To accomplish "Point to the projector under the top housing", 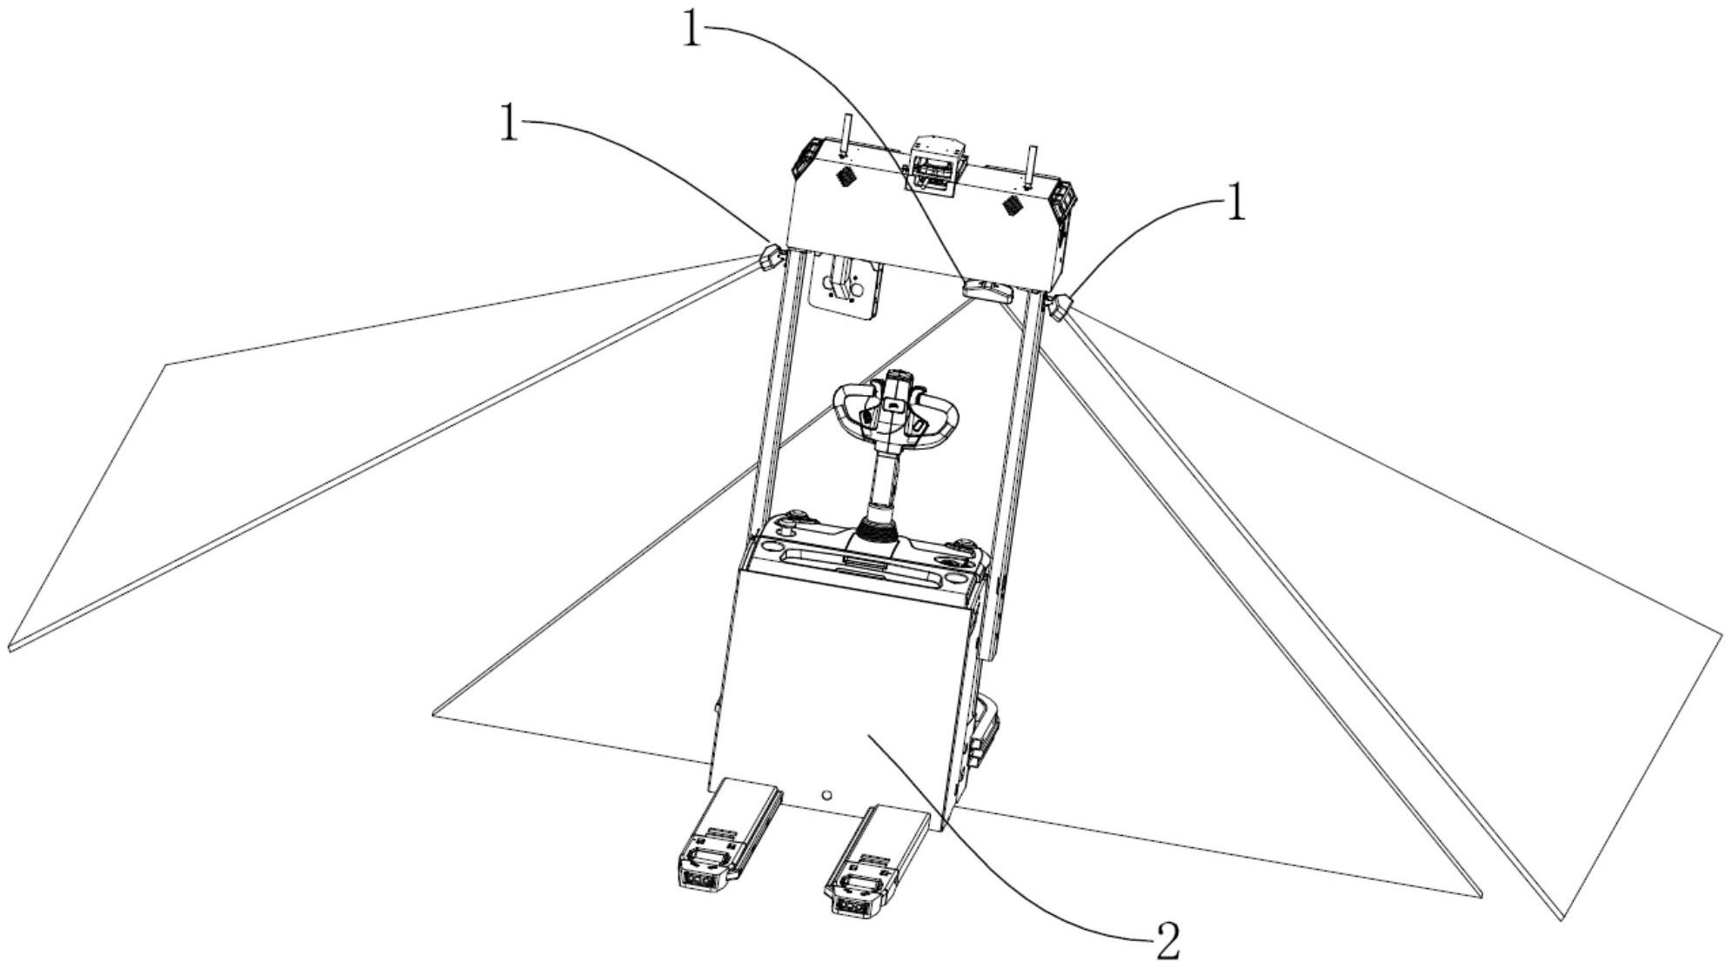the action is tap(987, 290).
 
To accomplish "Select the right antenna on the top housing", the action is tap(1030, 165).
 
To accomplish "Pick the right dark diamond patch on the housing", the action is tap(1011, 205).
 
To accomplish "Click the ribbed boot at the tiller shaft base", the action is tap(875, 527).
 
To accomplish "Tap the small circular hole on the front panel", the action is tap(826, 794).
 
